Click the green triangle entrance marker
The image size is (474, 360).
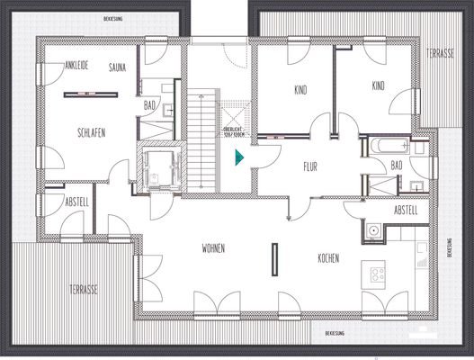pyautogui.click(x=238, y=159)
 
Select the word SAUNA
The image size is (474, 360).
pyautogui.click(x=118, y=67)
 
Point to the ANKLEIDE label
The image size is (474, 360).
pyautogui.click(x=80, y=65)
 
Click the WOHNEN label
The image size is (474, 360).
pyautogui.click(x=213, y=248)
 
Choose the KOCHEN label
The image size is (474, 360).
pyautogui.click(x=328, y=258)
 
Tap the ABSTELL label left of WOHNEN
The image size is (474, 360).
pyautogui.click(x=76, y=203)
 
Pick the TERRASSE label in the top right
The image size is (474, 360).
pyautogui.click(x=441, y=54)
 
